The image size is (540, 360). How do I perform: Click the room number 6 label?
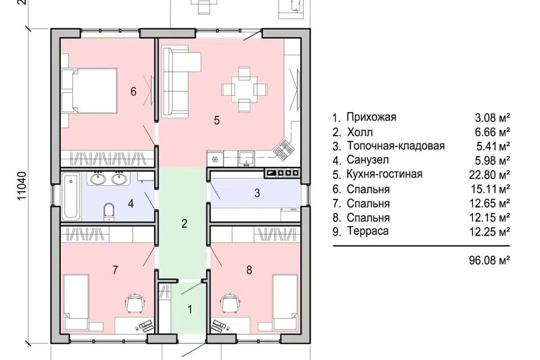[133, 91]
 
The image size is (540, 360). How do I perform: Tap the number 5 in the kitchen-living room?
[216, 120]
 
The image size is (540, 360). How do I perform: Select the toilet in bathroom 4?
[109, 212]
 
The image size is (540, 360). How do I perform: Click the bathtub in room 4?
[71, 196]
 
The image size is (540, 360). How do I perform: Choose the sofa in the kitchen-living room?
[179, 83]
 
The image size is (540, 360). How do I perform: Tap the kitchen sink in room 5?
[245, 159]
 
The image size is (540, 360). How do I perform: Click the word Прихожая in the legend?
[371, 118]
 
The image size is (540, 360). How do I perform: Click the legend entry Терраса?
[367, 231]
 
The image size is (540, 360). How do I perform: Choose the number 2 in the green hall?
[184, 223]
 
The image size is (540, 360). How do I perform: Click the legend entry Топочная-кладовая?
[395, 146]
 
